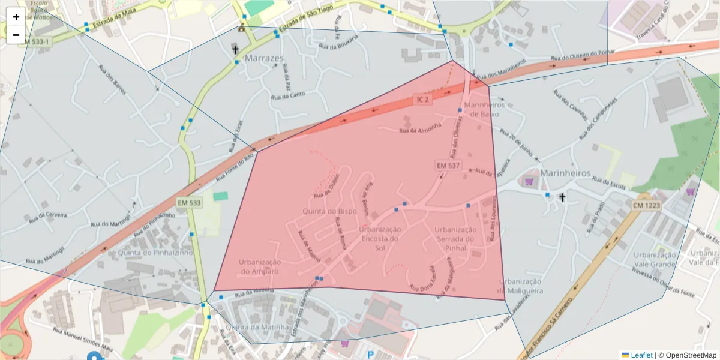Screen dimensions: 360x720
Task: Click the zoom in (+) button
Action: click(16, 17)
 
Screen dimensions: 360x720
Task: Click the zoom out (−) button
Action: click(16, 34)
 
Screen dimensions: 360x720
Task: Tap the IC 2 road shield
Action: click(422, 99)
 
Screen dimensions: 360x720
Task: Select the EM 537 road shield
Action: click(448, 164)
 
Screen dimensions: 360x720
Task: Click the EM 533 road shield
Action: click(189, 203)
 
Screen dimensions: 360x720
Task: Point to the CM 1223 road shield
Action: click(646, 205)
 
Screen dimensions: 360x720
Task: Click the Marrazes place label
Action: click(264, 58)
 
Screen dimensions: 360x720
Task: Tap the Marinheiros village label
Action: click(565, 173)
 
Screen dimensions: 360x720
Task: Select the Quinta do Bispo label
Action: click(330, 211)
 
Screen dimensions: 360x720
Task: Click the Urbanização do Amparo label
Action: click(260, 266)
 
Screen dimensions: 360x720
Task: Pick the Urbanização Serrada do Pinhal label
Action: click(456, 238)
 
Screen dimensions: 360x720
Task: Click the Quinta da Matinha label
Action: click(255, 327)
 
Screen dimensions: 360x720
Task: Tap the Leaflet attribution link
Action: click(641, 355)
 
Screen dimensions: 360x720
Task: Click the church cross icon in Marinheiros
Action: click(563, 197)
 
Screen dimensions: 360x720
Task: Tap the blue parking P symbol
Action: click(370, 355)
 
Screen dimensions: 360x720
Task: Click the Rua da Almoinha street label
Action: click(421, 128)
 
